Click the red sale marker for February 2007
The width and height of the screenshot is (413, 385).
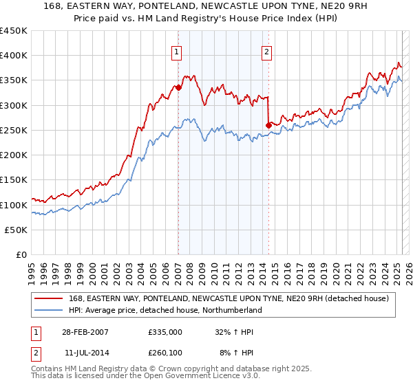tap(178, 88)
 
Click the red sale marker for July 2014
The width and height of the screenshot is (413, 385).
tap(268, 125)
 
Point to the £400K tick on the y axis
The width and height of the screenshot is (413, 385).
tap(14, 56)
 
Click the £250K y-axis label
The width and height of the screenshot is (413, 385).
tap(14, 130)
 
